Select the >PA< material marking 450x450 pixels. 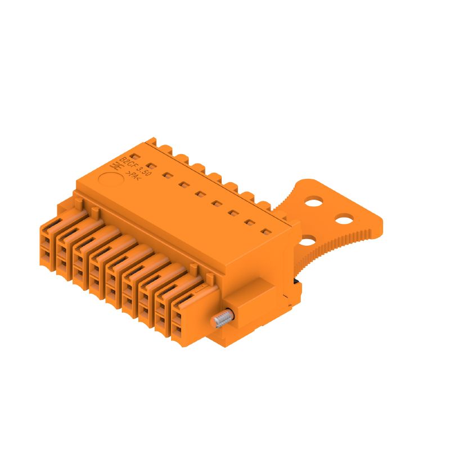coord(131,175)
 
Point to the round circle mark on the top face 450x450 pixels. coord(110,181)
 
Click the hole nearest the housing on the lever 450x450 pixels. coord(308,241)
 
